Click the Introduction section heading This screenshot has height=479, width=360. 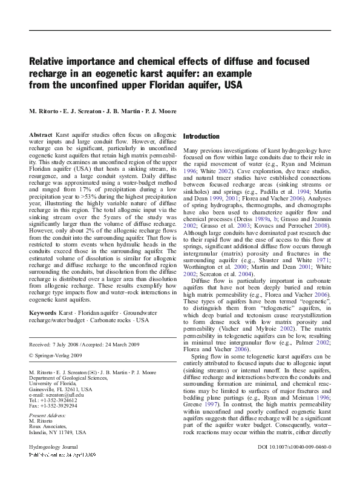(201, 136)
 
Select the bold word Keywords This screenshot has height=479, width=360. (43, 312)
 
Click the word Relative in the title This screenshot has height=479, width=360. (50, 61)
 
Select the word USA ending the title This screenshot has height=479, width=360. (232, 85)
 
